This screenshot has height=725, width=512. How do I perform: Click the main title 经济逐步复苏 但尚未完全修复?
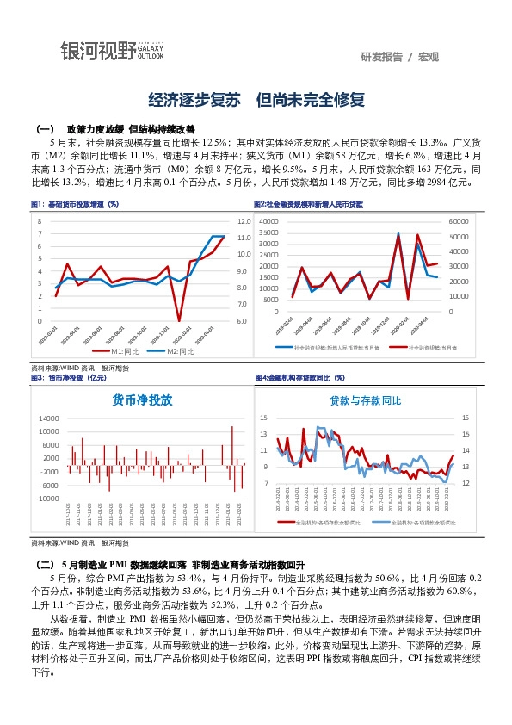[x=256, y=100]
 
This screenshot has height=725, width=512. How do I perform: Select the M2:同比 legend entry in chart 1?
[x=180, y=352]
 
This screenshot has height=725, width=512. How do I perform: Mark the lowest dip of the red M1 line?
[x=179, y=320]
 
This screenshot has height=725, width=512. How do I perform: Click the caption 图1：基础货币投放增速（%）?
[x=75, y=204]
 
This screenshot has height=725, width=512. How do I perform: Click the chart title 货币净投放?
[x=143, y=400]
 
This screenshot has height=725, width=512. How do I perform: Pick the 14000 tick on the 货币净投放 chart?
[x=47, y=418]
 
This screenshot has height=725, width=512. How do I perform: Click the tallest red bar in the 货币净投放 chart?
[x=231, y=428]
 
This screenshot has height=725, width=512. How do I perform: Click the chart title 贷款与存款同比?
[x=366, y=401]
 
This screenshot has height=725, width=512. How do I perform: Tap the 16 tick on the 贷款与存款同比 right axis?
[x=466, y=418]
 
